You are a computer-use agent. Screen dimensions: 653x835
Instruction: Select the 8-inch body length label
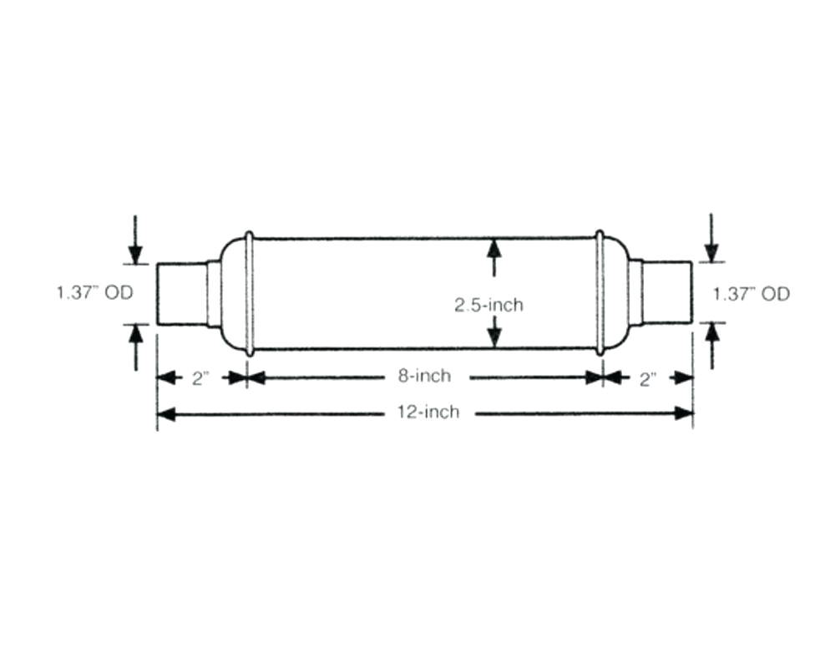[423, 377]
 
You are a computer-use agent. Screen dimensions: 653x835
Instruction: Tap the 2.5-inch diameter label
[488, 305]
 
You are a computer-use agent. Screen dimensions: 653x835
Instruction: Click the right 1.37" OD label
[751, 293]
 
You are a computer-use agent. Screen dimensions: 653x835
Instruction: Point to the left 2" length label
[200, 378]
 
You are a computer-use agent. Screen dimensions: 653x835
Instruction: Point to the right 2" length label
[647, 378]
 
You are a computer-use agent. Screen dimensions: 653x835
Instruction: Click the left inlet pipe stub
[181, 293]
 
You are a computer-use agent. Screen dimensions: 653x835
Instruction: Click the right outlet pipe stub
[666, 293]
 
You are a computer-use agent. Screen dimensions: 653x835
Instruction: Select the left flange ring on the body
[248, 293]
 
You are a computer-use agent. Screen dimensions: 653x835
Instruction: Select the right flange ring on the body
[600, 293]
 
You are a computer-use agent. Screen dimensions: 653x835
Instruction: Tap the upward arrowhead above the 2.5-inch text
[493, 249]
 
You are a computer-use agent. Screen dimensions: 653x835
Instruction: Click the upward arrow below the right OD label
[711, 333]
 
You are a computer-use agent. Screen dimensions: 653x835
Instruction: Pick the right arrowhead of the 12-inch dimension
[684, 413]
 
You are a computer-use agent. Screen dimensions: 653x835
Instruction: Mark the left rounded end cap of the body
[230, 293]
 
